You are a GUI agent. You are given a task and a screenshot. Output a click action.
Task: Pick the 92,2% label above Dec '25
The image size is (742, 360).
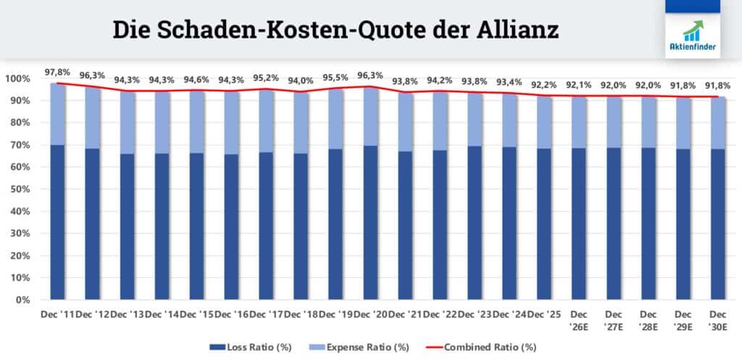pos(544,85)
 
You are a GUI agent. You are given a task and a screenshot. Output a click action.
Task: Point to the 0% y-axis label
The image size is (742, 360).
pos(22,299)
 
